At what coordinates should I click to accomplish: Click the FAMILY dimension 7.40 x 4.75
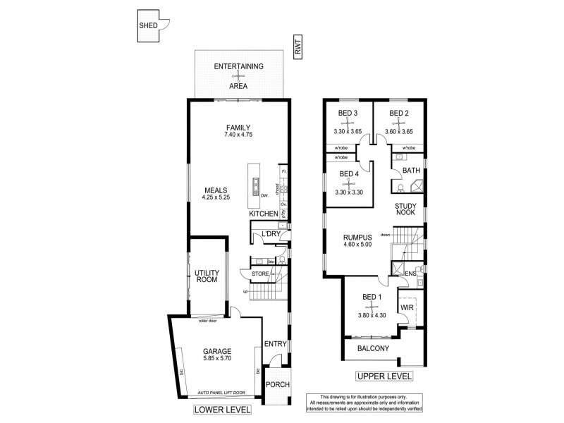tap(238, 134)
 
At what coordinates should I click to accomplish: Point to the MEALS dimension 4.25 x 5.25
tap(216, 198)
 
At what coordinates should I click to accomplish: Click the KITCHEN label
tap(264, 213)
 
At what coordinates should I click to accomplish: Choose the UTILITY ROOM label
tap(206, 275)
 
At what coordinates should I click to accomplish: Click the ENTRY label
tap(274, 343)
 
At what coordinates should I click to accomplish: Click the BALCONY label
tap(374, 349)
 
